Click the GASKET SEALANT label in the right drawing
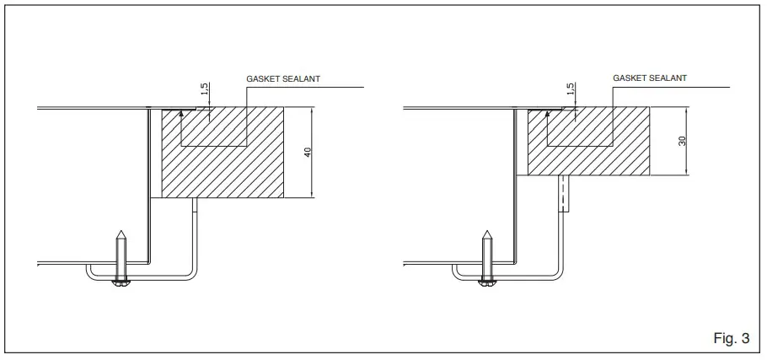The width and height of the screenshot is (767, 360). coord(649,78)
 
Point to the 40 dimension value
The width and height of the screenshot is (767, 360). coord(309,152)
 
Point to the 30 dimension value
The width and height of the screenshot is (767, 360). coord(684,141)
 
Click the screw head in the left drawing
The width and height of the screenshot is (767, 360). coord(121,282)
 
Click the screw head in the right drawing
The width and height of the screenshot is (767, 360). coord(487,282)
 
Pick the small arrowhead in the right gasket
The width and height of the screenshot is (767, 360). coord(547,112)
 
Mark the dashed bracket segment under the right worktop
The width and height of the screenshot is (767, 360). coord(560,196)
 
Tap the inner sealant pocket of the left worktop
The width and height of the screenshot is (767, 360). coord(211,126)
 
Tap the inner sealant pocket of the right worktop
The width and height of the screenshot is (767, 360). coord(577,126)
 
